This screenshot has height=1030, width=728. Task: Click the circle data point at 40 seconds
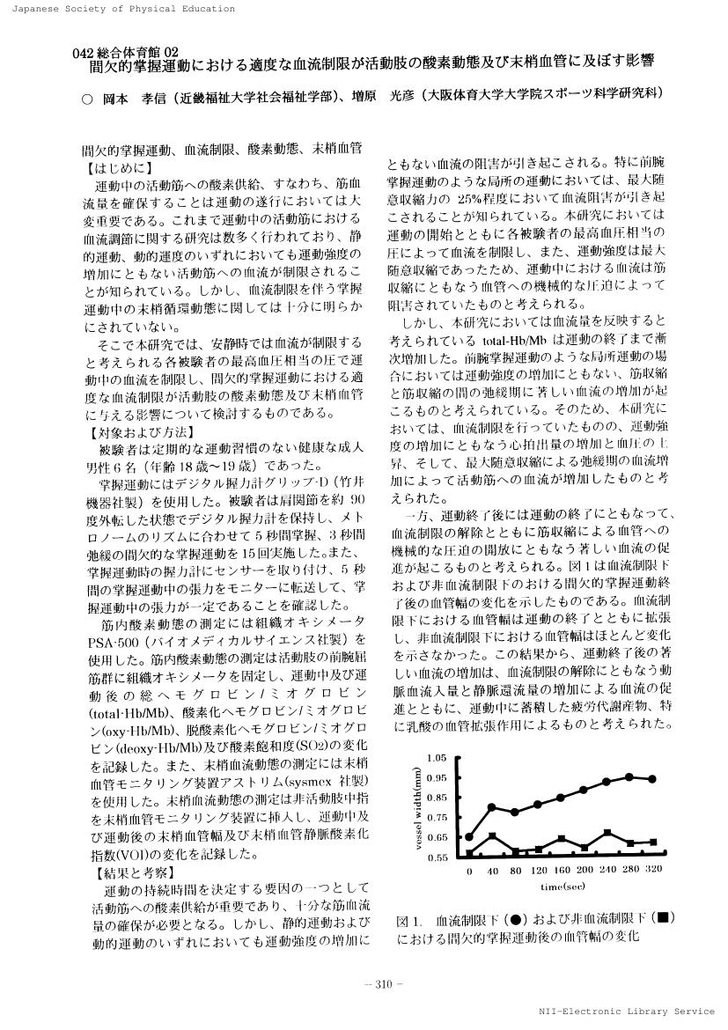(x=493, y=806)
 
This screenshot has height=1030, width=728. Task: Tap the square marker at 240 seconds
(x=607, y=832)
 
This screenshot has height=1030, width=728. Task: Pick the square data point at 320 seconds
(x=653, y=842)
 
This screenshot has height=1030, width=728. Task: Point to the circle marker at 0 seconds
(x=470, y=836)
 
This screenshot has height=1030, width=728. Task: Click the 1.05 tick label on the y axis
(x=436, y=758)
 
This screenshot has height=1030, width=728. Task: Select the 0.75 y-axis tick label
(x=436, y=818)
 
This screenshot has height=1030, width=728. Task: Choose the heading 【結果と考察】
(x=128, y=874)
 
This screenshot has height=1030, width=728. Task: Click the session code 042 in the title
(x=85, y=53)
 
